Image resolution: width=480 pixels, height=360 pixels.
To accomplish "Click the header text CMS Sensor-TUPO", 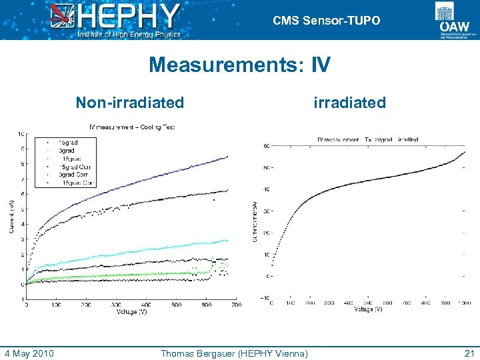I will tap(327, 21).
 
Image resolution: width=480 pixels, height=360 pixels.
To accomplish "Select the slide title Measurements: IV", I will tap(239, 65).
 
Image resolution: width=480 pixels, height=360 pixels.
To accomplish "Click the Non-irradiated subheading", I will tap(129, 103).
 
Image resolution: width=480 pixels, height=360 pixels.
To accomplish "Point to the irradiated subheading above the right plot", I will tap(350, 103).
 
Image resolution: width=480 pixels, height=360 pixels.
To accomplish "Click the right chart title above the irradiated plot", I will tap(368, 139).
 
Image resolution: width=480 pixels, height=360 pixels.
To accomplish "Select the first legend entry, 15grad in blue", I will tap(67, 143).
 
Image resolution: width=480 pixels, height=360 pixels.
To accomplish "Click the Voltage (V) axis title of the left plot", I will tap(131, 312).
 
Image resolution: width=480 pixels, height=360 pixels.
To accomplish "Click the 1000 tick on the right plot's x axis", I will tap(465, 303).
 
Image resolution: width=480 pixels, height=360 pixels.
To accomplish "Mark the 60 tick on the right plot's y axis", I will tap(267, 146).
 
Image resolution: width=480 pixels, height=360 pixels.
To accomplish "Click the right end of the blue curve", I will tap(227, 157).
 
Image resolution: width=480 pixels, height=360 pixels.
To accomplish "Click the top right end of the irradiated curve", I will tap(465, 152).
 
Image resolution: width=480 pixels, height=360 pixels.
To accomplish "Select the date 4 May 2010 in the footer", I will tap(29, 353).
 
